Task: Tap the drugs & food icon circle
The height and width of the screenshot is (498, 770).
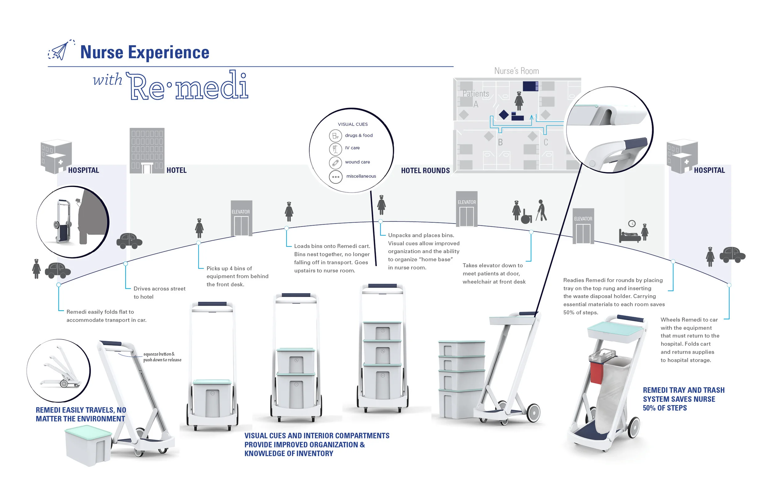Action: (335, 136)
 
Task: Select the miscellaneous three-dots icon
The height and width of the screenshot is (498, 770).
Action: (335, 177)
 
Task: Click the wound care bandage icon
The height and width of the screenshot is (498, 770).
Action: (335, 162)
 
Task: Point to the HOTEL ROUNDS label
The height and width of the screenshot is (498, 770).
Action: (425, 171)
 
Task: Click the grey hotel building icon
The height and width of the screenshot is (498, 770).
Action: (147, 151)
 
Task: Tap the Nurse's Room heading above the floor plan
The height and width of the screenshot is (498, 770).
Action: (516, 71)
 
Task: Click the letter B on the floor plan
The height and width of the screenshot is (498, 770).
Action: (500, 142)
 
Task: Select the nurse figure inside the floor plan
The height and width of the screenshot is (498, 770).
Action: (519, 101)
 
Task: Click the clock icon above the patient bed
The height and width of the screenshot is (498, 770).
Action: (631, 224)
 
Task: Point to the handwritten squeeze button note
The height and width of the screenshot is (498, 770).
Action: (162, 357)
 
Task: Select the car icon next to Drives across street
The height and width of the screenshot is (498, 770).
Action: (129, 241)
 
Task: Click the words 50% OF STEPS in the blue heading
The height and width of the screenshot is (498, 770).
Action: (665, 408)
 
